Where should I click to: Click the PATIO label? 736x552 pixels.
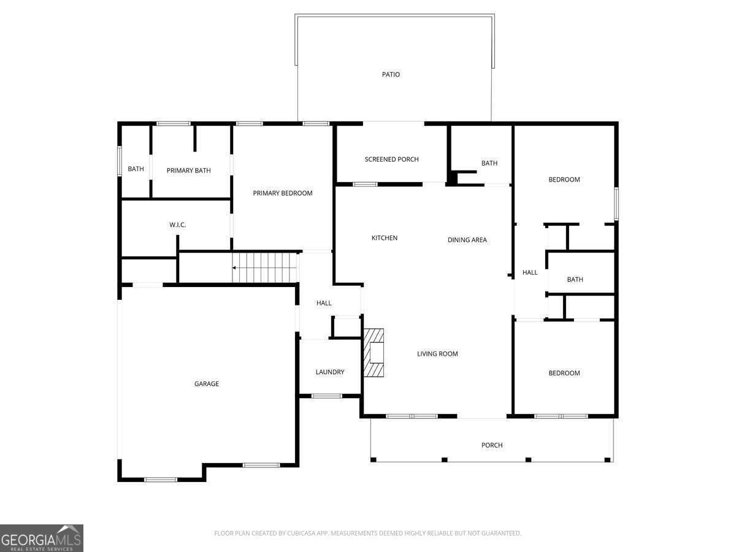click(391, 74)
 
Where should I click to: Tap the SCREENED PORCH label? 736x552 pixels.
click(392, 159)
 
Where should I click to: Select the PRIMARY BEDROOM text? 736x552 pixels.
click(283, 193)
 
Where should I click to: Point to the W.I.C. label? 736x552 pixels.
click(177, 225)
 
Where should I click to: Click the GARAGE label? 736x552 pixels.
click(207, 384)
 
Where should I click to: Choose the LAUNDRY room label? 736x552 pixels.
click(330, 372)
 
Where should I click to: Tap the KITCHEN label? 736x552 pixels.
click(385, 238)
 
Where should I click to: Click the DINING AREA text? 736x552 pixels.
click(467, 240)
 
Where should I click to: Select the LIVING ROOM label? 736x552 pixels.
click(437, 354)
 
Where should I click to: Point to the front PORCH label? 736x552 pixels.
click(492, 445)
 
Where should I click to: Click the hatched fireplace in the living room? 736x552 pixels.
click(374, 353)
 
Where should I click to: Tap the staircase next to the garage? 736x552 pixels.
click(265, 268)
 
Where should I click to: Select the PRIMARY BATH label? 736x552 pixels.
click(189, 171)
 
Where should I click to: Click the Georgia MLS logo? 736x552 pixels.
click(42, 539)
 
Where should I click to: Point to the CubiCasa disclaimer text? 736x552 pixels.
click(368, 533)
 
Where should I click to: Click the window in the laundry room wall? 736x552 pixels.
click(326, 396)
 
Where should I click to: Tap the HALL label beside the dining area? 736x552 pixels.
click(530, 273)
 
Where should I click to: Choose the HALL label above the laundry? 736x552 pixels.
click(324, 304)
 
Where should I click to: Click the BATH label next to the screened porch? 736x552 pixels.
click(489, 163)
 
